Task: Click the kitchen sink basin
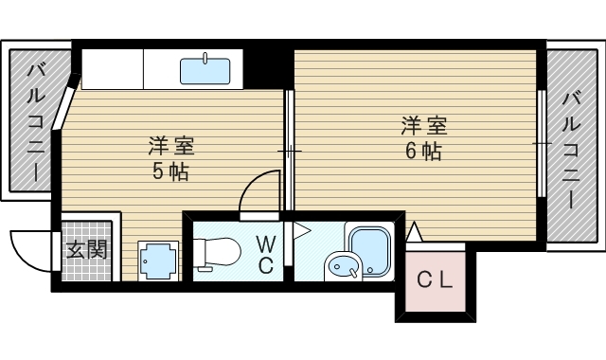coord(205,70)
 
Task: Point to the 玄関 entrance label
coord(86,250)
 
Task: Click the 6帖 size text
coord(423,151)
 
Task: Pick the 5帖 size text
coord(170,172)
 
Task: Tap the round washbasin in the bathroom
coord(340,268)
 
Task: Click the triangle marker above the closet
coord(414,230)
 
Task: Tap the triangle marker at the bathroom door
coord(300,229)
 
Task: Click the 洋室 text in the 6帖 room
coord(423,124)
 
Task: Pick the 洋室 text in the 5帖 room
coord(170,147)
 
